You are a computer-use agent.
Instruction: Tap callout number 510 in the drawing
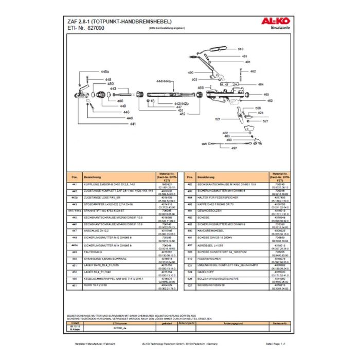pos(240,49)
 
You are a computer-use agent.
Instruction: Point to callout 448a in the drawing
pos(105,72)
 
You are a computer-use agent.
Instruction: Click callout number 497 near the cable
pos(234,148)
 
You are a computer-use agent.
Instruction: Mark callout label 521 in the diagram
pos(218,119)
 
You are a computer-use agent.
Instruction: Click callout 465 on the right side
pos(266,95)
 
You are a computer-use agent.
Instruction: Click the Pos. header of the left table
pos(74,176)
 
